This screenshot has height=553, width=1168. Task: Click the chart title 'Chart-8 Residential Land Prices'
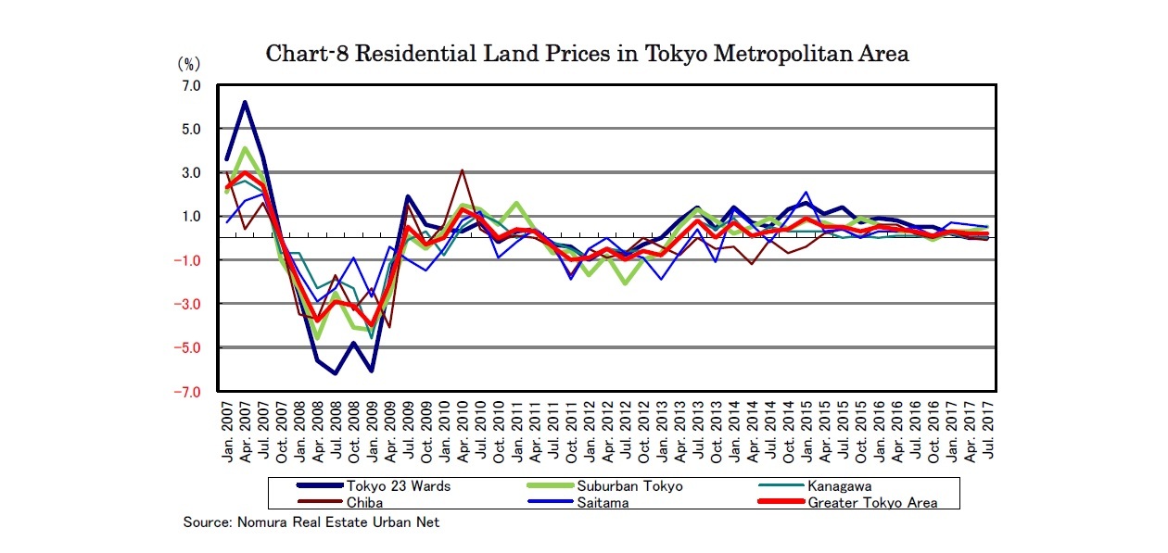point(587,54)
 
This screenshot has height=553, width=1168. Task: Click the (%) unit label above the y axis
point(189,65)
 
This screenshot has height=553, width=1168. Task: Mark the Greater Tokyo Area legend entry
point(871,502)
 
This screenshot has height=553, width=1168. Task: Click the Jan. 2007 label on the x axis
point(227,434)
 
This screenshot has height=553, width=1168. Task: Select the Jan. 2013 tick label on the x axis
point(661,434)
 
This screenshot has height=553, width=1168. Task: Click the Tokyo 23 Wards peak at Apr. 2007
point(245,102)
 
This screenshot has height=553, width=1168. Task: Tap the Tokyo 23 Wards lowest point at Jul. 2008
point(336,373)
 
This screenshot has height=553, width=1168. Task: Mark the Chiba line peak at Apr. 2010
point(462,170)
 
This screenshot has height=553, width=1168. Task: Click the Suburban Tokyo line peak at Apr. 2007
point(245,148)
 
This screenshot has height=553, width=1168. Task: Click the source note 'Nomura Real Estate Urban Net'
point(311,522)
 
